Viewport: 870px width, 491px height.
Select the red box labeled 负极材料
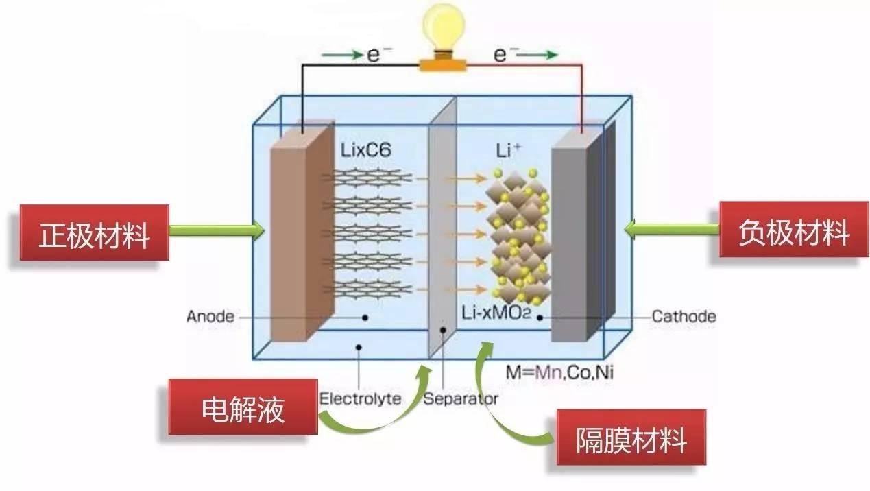point(794,232)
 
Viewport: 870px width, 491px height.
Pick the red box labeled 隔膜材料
point(631,439)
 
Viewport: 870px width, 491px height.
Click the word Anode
point(210,317)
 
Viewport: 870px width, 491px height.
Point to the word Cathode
point(684,317)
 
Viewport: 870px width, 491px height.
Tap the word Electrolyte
point(361,398)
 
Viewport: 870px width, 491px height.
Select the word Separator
point(461,398)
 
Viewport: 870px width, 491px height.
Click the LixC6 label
point(365,150)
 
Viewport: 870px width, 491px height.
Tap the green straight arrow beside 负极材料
point(672,230)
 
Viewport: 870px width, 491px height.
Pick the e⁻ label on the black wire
point(375,53)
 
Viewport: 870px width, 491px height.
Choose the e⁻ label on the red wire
point(502,53)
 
